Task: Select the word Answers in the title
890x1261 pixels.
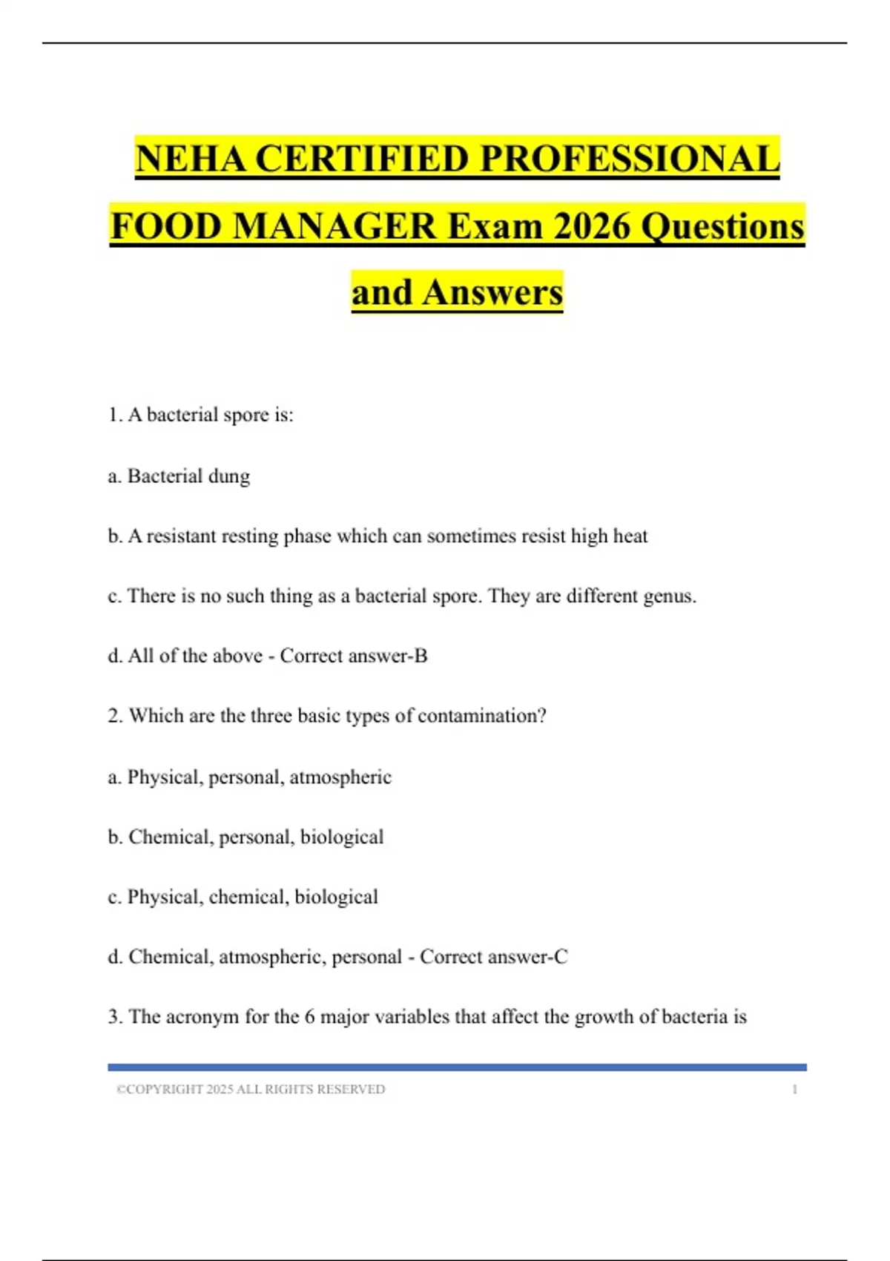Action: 492,292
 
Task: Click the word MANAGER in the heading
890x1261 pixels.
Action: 335,225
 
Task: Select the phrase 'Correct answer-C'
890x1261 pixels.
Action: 494,957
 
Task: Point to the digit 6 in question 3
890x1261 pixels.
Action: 309,1017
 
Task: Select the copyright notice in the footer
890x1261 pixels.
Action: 251,1090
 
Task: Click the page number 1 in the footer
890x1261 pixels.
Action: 795,1090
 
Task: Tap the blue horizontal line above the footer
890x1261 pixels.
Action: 457,1067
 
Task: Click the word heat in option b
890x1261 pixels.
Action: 630,536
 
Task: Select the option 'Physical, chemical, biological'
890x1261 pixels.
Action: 252,897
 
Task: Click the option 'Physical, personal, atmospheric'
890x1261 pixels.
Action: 259,777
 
